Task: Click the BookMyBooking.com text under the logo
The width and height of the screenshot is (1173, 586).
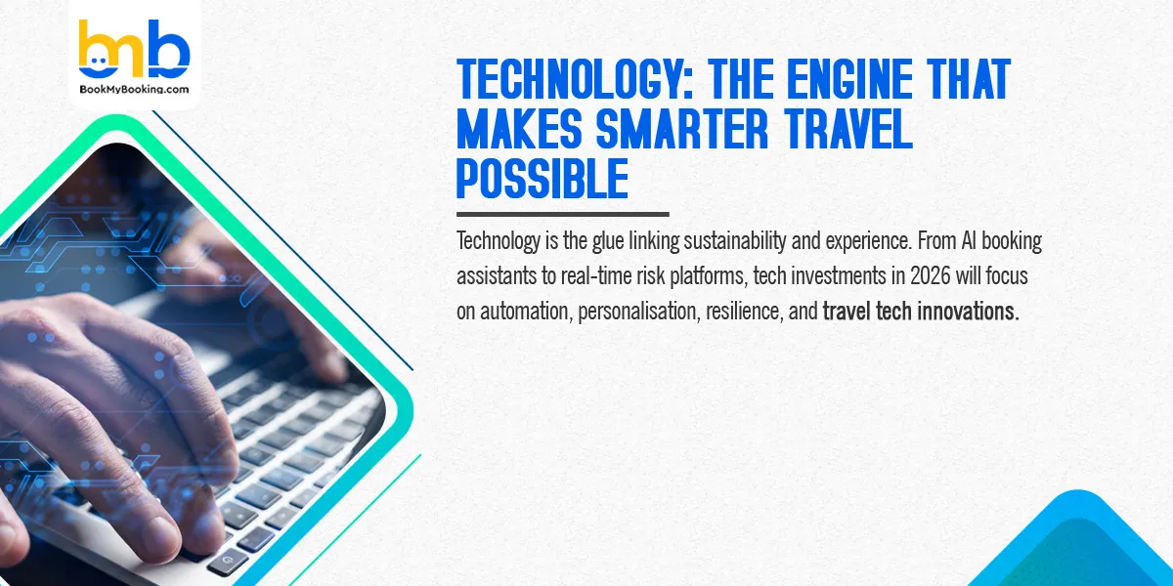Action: [x=134, y=89]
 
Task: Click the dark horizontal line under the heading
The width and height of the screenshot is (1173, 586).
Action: [x=562, y=214]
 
